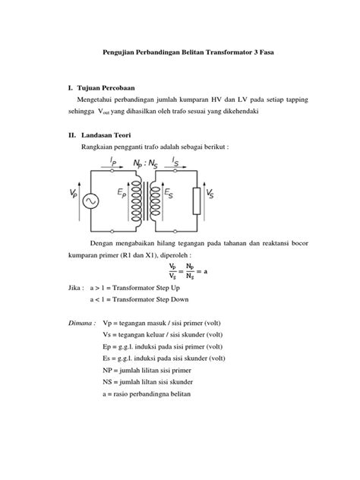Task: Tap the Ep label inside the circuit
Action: pos(122,194)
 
